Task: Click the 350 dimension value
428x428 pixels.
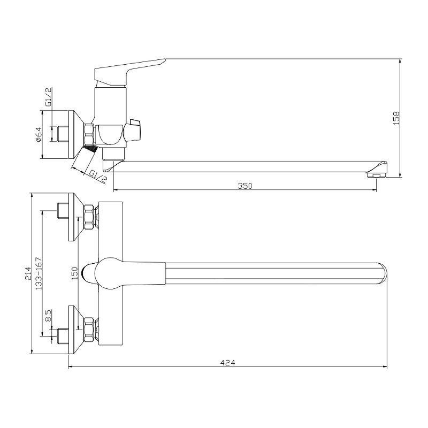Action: [x=245, y=186]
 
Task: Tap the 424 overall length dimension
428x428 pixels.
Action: [x=227, y=363]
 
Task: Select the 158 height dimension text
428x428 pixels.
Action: [x=396, y=118]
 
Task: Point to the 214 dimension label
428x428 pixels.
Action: [x=28, y=273]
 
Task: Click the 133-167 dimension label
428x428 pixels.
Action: [x=39, y=273]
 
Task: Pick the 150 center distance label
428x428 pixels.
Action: [x=74, y=273]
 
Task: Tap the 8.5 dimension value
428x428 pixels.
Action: [x=48, y=316]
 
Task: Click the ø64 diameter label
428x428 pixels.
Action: [x=38, y=135]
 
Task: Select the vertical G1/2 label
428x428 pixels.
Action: [x=48, y=97]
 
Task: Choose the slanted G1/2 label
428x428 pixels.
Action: [x=98, y=177]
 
